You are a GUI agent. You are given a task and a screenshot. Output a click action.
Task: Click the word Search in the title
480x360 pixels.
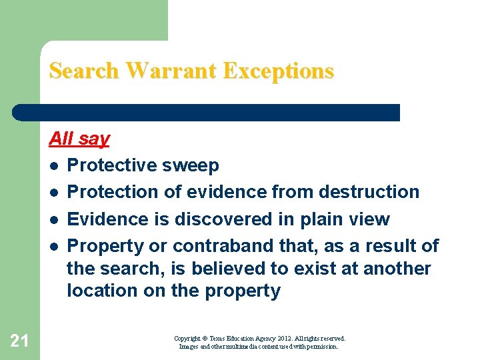[x=85, y=71]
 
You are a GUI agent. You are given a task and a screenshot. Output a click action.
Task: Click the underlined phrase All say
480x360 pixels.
[x=79, y=139]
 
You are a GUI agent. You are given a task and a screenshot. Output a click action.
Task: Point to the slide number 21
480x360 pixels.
[x=19, y=341]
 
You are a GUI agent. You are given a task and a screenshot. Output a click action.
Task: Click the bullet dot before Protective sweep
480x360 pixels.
[x=53, y=165]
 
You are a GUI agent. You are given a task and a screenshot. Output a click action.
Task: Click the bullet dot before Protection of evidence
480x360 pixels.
[x=53, y=193]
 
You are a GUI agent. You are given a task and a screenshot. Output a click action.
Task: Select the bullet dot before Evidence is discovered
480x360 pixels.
[x=53, y=220]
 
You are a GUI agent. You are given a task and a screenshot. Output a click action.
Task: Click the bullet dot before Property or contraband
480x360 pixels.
[x=53, y=247]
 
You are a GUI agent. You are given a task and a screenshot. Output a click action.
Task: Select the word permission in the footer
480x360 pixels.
[x=321, y=347]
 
